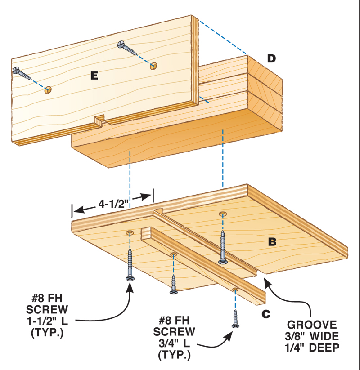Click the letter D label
pos(271,58)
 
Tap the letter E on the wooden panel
pos(94,76)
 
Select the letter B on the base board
pos(272,242)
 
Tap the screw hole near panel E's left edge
pos(48,90)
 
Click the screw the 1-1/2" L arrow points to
pos(130,265)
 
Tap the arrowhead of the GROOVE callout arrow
pos(266,281)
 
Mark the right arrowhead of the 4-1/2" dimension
pos(149,196)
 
